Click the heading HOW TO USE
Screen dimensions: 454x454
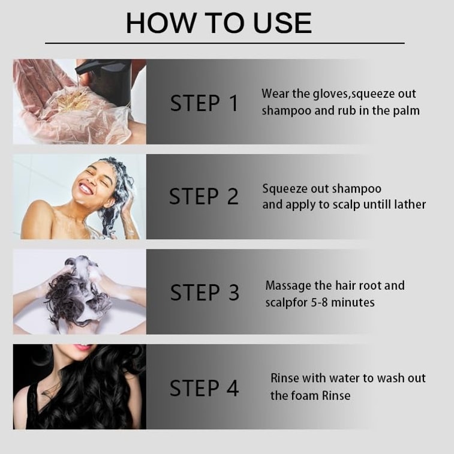pyautogui.click(x=219, y=23)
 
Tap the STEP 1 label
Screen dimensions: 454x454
pyautogui.click(x=204, y=103)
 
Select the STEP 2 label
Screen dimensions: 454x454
pyautogui.click(x=204, y=196)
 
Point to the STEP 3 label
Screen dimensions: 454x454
pyautogui.click(x=205, y=292)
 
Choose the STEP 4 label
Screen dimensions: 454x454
pyautogui.click(x=204, y=388)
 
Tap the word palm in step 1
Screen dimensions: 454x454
pyautogui.click(x=406, y=111)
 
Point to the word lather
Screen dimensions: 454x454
pyautogui.click(x=410, y=205)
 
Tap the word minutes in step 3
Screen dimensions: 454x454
pyautogui.click(x=353, y=303)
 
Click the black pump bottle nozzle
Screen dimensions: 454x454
pyautogui.click(x=83, y=69)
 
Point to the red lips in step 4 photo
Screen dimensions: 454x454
pyautogui.click(x=84, y=347)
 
